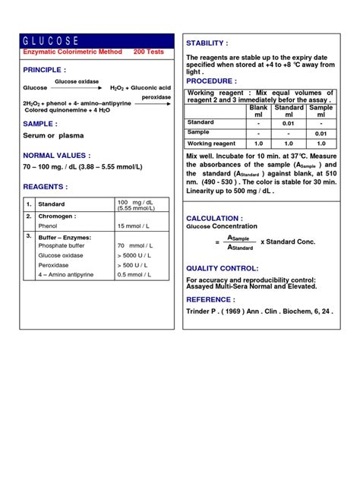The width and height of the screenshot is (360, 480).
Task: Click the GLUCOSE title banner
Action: click(92, 40)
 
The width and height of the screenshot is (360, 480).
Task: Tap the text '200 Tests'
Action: click(148, 52)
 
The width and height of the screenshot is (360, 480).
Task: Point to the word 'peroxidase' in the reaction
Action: click(149, 97)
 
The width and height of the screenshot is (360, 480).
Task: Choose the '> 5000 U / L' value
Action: click(134, 255)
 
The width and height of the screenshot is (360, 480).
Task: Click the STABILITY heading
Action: click(207, 43)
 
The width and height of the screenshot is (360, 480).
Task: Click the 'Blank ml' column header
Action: click(259, 111)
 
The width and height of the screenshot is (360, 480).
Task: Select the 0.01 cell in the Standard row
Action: click(289, 122)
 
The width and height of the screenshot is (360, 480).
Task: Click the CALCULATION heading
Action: click(218, 218)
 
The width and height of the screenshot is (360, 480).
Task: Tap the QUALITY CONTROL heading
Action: click(223, 268)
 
